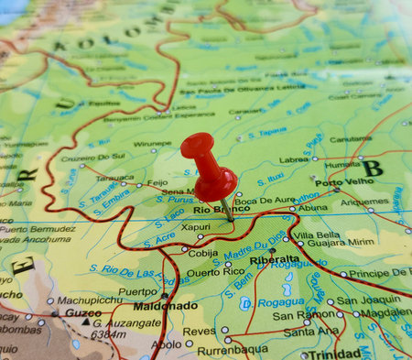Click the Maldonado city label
166,305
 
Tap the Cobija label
202,253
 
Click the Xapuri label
195,225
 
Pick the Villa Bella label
316,235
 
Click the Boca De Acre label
266,200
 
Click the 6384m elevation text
109,334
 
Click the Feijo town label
157,182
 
